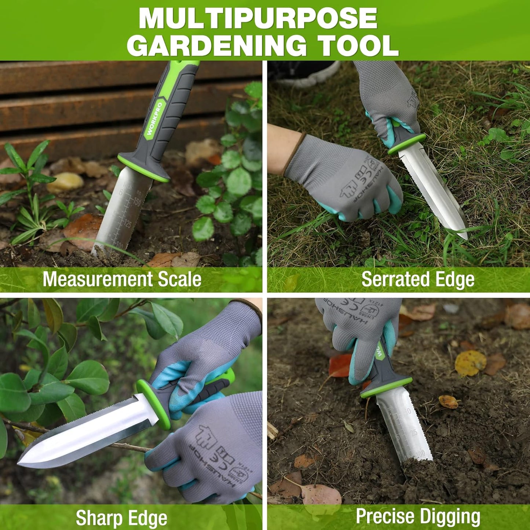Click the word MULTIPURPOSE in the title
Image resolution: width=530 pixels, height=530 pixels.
[258, 18]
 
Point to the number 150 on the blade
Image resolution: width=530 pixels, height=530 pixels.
[136, 202]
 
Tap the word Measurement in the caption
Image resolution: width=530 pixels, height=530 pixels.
[98, 279]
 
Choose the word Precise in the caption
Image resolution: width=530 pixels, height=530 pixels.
[385, 516]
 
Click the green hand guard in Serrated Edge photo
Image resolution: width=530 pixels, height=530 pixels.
[407, 144]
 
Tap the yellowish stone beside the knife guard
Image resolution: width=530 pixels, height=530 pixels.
[65, 182]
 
